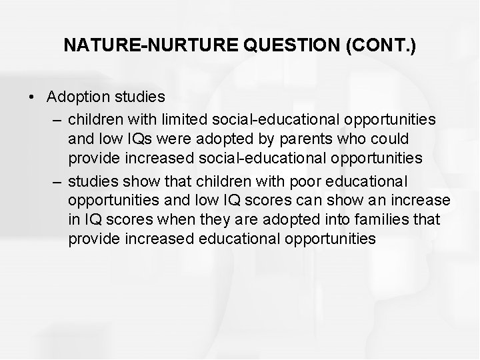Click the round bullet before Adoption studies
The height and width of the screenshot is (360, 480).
(x=33, y=97)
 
